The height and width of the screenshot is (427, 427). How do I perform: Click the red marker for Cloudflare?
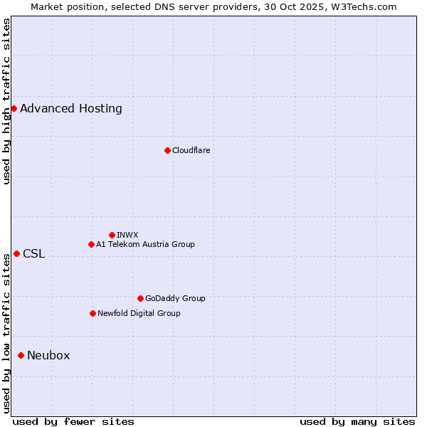click(167, 150)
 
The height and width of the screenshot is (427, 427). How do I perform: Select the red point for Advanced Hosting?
click(14, 108)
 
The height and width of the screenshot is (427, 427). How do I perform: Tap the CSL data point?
click(16, 253)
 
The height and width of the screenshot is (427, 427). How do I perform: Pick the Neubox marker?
click(21, 355)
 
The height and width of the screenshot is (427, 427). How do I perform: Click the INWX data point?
click(112, 235)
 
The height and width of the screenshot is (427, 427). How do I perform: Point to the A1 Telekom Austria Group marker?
click(91, 244)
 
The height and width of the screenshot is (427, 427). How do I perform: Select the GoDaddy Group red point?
click(140, 298)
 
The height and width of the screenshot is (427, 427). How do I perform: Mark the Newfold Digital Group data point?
click(93, 313)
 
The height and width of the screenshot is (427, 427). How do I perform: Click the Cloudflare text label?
click(191, 150)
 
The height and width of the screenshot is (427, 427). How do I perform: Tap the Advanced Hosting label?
click(71, 108)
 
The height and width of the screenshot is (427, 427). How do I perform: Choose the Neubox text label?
click(48, 355)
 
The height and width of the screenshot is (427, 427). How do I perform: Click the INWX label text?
click(127, 235)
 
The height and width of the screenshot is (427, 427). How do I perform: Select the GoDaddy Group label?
click(175, 298)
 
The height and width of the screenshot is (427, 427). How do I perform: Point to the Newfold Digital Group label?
click(139, 313)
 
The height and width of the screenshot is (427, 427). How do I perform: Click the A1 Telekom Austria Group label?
click(145, 244)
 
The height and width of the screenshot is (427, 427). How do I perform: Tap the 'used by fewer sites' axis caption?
click(73, 421)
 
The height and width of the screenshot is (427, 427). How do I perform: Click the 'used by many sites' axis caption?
click(357, 421)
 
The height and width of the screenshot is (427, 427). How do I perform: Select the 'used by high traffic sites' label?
click(6, 101)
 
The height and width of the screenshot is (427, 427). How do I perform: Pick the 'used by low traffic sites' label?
click(6, 334)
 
